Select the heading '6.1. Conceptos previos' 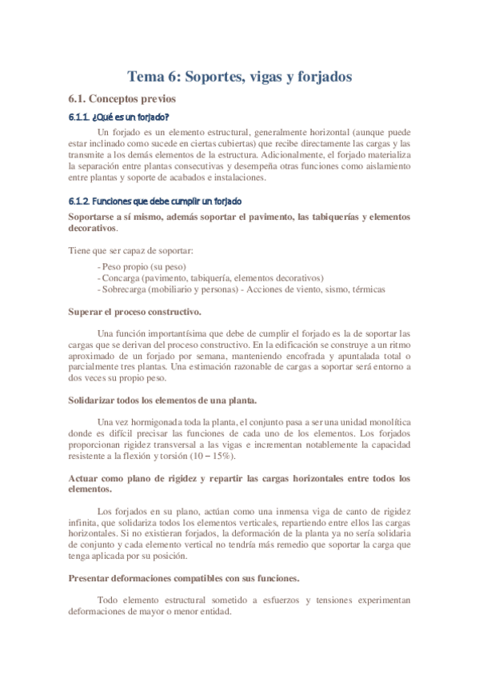(x=120, y=99)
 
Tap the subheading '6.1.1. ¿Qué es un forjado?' (x=118, y=118)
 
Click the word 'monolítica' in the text (x=389, y=421)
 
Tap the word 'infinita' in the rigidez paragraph (x=83, y=521)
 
